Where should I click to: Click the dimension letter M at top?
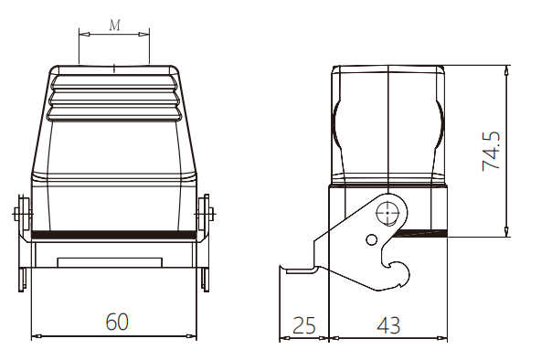pyautogui.click(x=115, y=25)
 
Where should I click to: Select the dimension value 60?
pyautogui.click(x=117, y=322)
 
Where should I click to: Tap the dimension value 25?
pyautogui.click(x=304, y=325)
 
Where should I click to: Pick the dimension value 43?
pyautogui.click(x=388, y=325)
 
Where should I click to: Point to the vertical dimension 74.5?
pyautogui.click(x=491, y=151)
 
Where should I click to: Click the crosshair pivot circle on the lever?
pyautogui.click(x=387, y=213)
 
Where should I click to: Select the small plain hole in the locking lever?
pyautogui.click(x=371, y=239)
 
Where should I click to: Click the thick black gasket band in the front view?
pyautogui.click(x=113, y=235)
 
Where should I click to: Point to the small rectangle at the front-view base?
pyautogui.click(x=110, y=262)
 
